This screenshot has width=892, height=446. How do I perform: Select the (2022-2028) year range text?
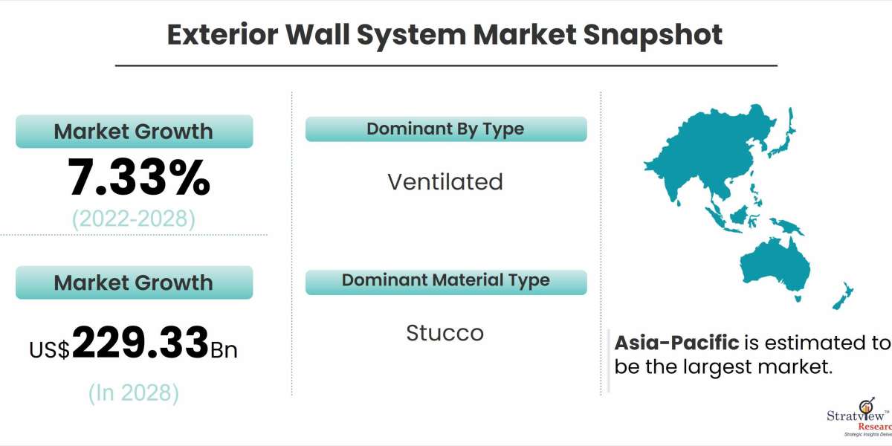[x=134, y=219]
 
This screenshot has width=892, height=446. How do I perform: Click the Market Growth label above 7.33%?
[x=134, y=132]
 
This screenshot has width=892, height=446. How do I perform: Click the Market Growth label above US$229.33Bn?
[x=134, y=282]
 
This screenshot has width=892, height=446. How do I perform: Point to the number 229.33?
[x=140, y=343]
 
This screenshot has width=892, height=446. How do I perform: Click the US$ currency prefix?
[x=50, y=349]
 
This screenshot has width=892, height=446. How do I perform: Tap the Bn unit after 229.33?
[x=224, y=349]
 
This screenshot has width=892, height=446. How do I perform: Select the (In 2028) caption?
[x=134, y=392]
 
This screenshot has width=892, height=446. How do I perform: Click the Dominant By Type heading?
[x=445, y=129]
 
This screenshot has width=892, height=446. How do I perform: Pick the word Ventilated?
[x=445, y=182]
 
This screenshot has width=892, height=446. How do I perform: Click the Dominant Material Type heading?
[x=445, y=280]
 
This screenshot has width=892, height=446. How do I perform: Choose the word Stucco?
[x=445, y=333]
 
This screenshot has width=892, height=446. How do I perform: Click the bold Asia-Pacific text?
[x=676, y=343]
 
